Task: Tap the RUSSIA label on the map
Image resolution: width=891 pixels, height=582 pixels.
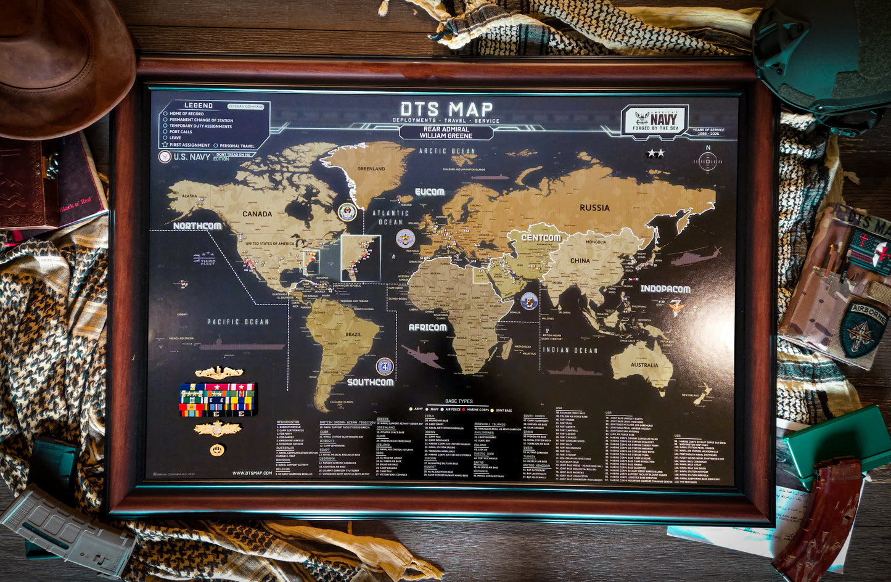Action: pyautogui.click(x=594, y=208)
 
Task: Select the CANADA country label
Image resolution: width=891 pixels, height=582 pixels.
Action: pyautogui.click(x=257, y=214)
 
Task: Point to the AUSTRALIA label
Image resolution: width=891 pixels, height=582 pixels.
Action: pyautogui.click(x=644, y=365)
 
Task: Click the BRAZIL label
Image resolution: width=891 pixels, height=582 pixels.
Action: pyautogui.click(x=353, y=335)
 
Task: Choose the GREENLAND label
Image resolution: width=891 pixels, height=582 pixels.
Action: pyautogui.click(x=371, y=168)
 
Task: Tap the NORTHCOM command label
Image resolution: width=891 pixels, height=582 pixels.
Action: pyautogui.click(x=197, y=226)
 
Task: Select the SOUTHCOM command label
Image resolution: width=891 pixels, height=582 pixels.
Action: pyautogui.click(x=370, y=382)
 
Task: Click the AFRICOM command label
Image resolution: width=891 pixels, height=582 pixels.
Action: pyautogui.click(x=427, y=327)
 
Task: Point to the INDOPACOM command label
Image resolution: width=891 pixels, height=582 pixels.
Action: pyautogui.click(x=665, y=289)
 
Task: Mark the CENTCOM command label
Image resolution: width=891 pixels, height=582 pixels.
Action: pyautogui.click(x=541, y=237)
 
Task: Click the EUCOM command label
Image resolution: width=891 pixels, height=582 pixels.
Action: pyautogui.click(x=429, y=192)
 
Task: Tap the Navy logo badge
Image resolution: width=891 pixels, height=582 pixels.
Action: pyautogui.click(x=654, y=119)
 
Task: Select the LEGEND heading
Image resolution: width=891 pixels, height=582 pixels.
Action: pyautogui.click(x=199, y=105)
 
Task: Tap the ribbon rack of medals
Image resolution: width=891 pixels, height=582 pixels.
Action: pyautogui.click(x=217, y=399)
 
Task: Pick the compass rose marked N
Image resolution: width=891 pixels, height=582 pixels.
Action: pyautogui.click(x=707, y=161)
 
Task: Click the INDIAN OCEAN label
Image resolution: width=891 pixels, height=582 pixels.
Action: pyautogui.click(x=570, y=350)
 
